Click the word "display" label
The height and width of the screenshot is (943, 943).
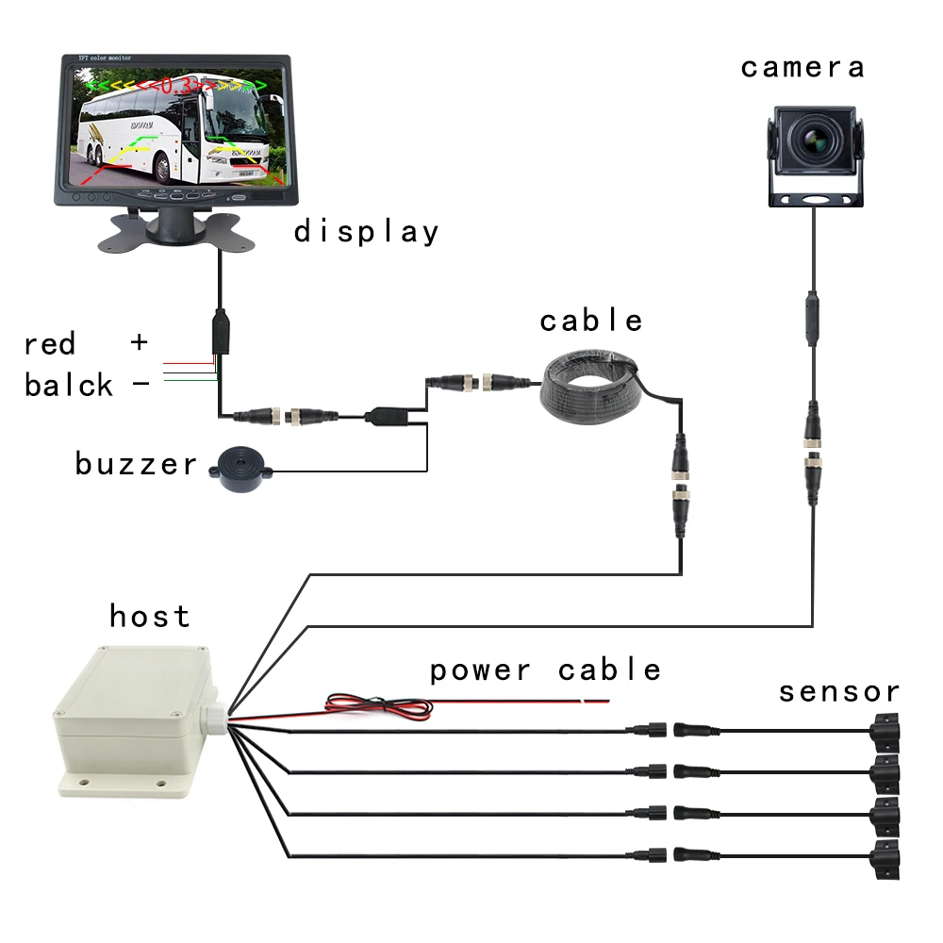(366, 231)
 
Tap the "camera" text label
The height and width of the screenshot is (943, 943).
(802, 67)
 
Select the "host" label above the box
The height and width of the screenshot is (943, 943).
(150, 616)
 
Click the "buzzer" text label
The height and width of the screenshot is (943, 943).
(137, 464)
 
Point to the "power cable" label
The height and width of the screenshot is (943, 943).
(545, 670)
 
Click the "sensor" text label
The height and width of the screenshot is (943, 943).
(838, 692)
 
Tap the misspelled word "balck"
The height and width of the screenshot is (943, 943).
(69, 385)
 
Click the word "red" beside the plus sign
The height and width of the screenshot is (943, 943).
(49, 343)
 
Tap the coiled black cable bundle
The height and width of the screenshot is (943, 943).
(591, 387)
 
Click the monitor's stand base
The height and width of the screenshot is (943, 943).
(170, 232)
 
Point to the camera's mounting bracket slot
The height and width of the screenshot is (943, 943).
(817, 200)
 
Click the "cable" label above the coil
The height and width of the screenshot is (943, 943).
(591, 321)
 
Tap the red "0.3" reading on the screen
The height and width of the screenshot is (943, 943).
(172, 86)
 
